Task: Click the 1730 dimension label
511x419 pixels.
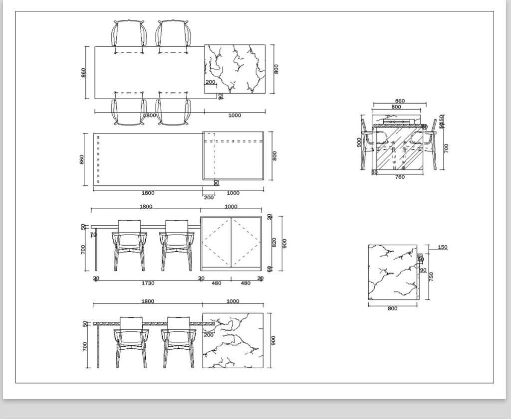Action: click(148, 283)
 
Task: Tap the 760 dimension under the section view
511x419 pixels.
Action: click(400, 176)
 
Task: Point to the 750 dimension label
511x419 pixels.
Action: click(432, 277)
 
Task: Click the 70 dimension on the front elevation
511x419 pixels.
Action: click(93, 234)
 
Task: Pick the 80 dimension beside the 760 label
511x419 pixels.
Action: click(374, 172)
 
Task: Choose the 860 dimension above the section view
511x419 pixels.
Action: click(400, 101)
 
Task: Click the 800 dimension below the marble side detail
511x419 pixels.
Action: click(393, 308)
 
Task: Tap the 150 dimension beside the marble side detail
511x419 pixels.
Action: click(442, 247)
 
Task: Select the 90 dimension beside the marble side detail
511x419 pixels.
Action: click(423, 271)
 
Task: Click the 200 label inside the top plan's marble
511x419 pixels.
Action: click(210, 82)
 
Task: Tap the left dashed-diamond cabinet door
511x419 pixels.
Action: click(216, 243)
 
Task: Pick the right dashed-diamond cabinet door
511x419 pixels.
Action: click(247, 243)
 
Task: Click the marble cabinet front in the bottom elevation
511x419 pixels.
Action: click(233, 340)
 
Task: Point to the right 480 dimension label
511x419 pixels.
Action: click(246, 283)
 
